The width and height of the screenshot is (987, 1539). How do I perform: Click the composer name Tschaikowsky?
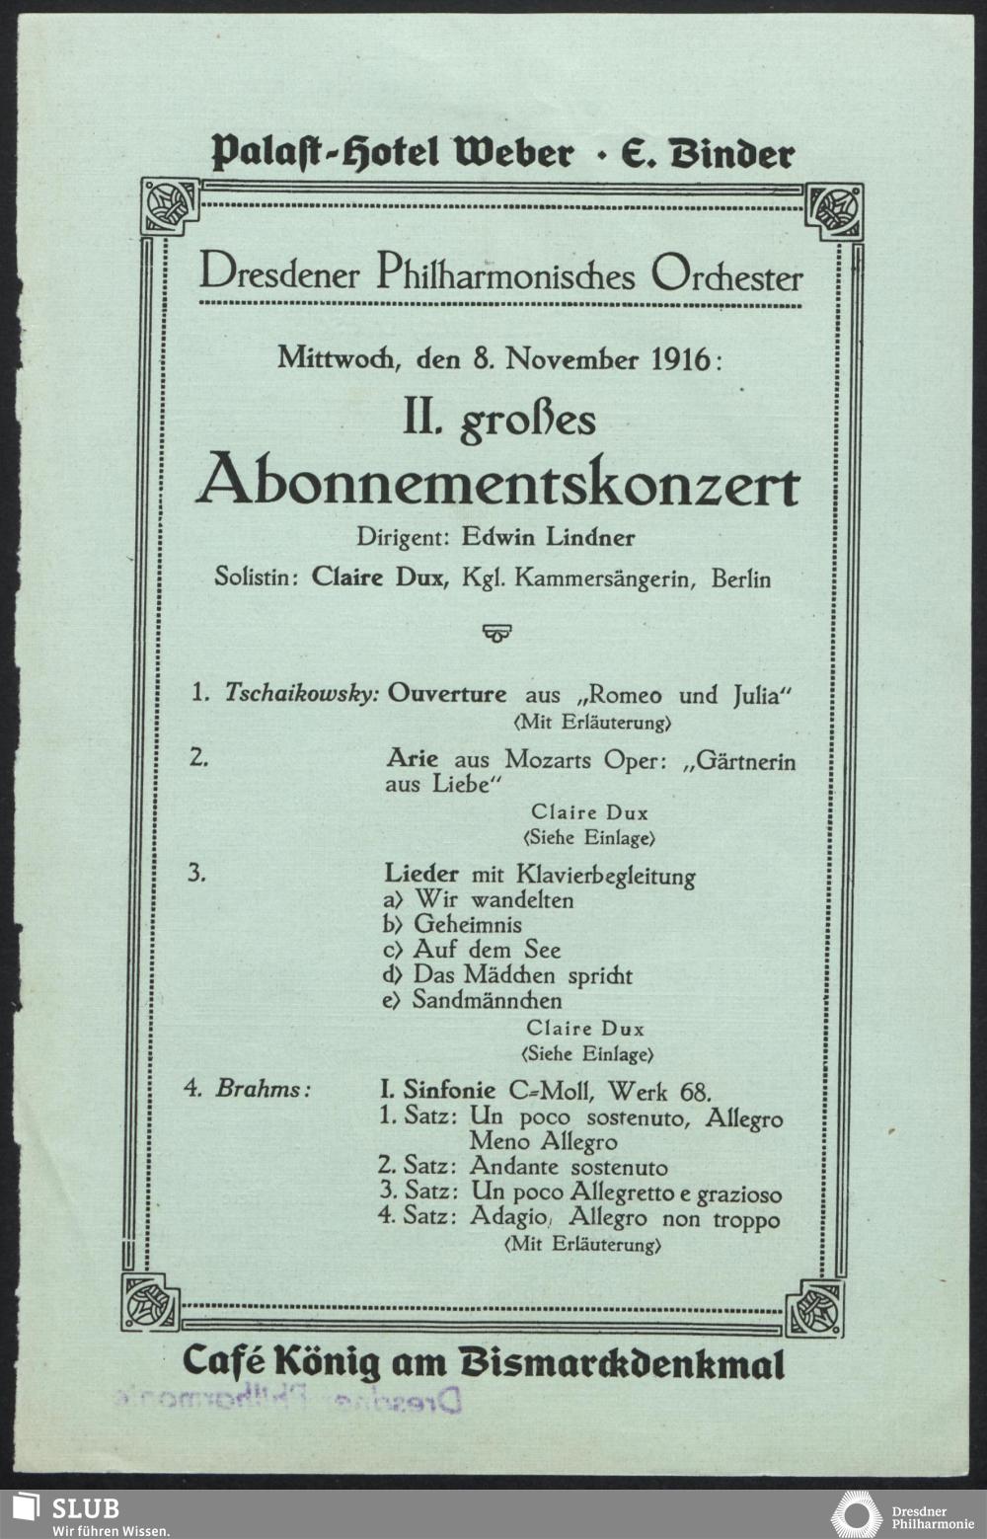(x=301, y=693)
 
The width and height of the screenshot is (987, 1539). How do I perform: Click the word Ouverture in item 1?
(x=446, y=693)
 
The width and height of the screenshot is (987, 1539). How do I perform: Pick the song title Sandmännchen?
(x=487, y=1000)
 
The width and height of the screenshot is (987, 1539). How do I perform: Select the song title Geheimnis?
(x=467, y=925)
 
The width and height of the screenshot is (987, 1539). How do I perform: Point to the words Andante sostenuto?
(x=568, y=1167)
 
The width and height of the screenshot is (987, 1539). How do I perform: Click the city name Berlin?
(x=740, y=577)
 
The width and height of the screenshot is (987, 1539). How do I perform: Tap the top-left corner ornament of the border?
(x=170, y=207)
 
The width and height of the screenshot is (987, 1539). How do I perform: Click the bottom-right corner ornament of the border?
(x=814, y=1308)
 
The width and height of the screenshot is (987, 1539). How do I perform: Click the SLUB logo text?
(x=86, y=1507)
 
